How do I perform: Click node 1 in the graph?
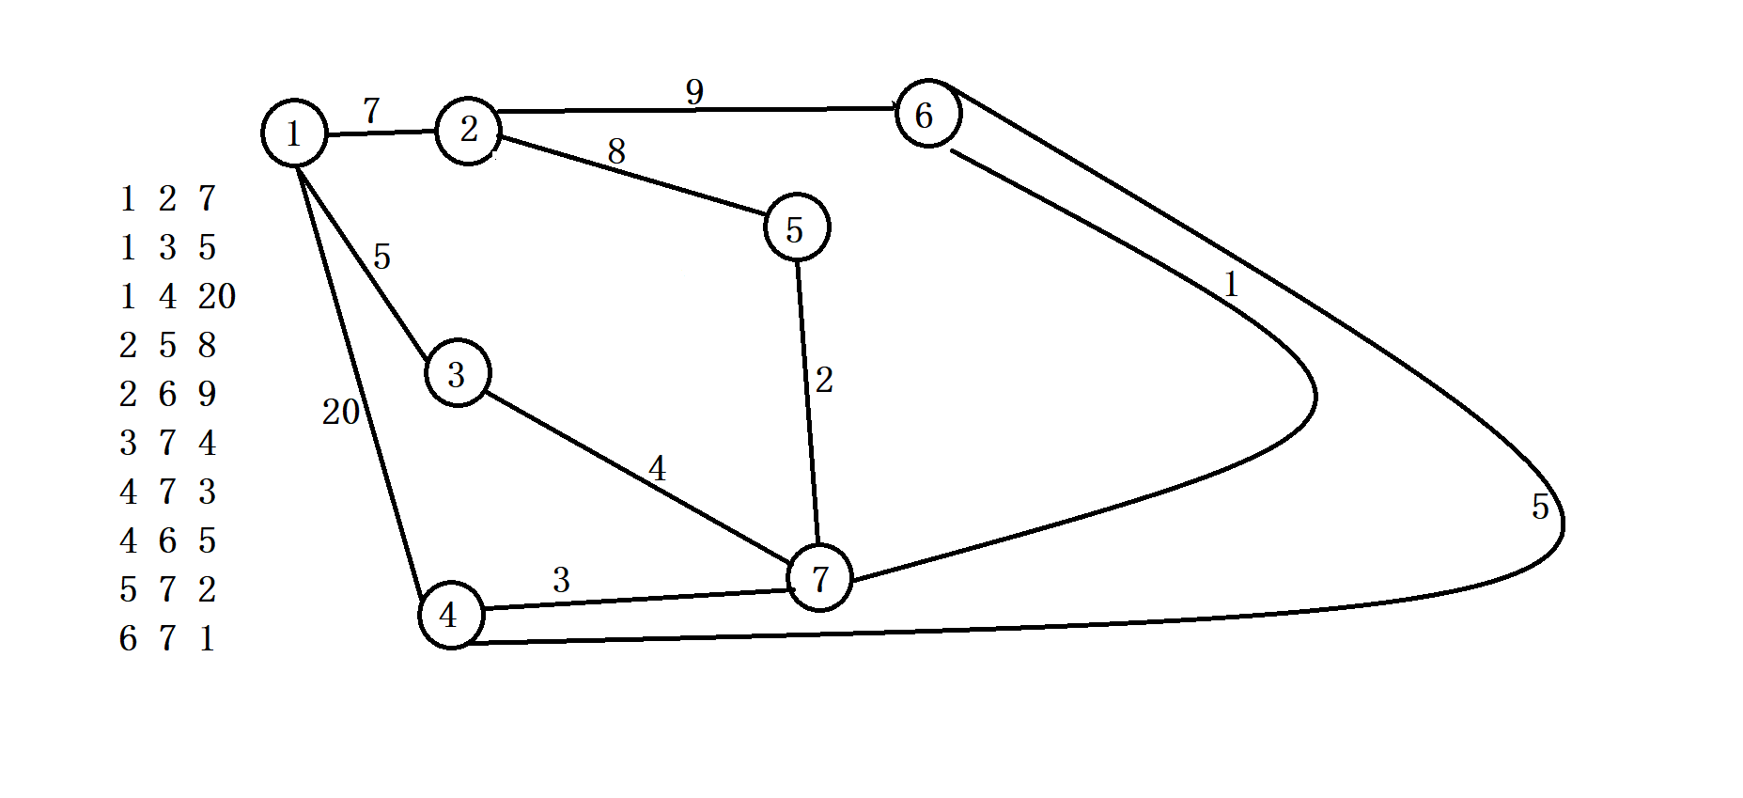click(x=294, y=133)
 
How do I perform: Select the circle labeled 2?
click(x=468, y=131)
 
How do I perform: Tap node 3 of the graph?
click(x=457, y=374)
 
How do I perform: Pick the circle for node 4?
click(x=450, y=615)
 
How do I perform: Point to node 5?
click(x=796, y=228)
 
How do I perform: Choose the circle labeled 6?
click(x=927, y=114)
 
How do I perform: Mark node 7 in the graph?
click(x=819, y=578)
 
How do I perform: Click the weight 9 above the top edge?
click(x=694, y=92)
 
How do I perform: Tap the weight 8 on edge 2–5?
click(x=616, y=151)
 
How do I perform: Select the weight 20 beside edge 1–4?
click(x=340, y=412)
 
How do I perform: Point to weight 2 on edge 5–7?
click(x=824, y=380)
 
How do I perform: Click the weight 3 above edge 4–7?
click(x=561, y=580)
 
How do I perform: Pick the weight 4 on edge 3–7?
click(x=657, y=468)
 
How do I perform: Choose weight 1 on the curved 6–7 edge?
click(x=1231, y=285)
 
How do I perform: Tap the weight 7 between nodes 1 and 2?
click(x=371, y=111)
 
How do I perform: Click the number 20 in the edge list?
click(x=216, y=296)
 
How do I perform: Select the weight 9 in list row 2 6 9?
click(x=207, y=394)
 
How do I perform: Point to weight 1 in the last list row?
click(x=207, y=638)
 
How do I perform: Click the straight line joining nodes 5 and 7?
click(x=807, y=404)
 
